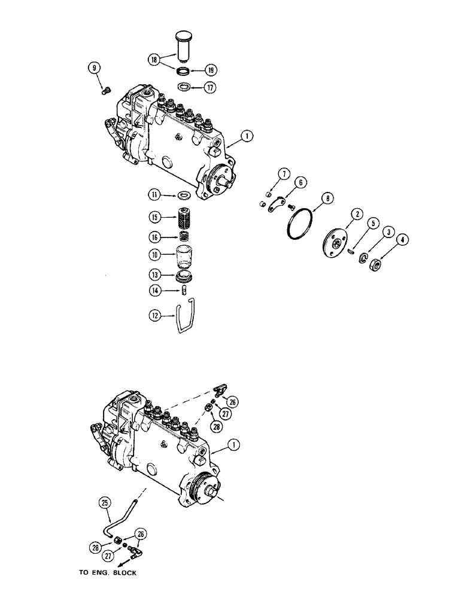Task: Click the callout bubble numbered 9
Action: coord(94,68)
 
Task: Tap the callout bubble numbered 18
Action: coord(154,60)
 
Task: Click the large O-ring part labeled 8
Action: coord(298,225)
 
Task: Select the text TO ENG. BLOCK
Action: coord(108,573)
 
